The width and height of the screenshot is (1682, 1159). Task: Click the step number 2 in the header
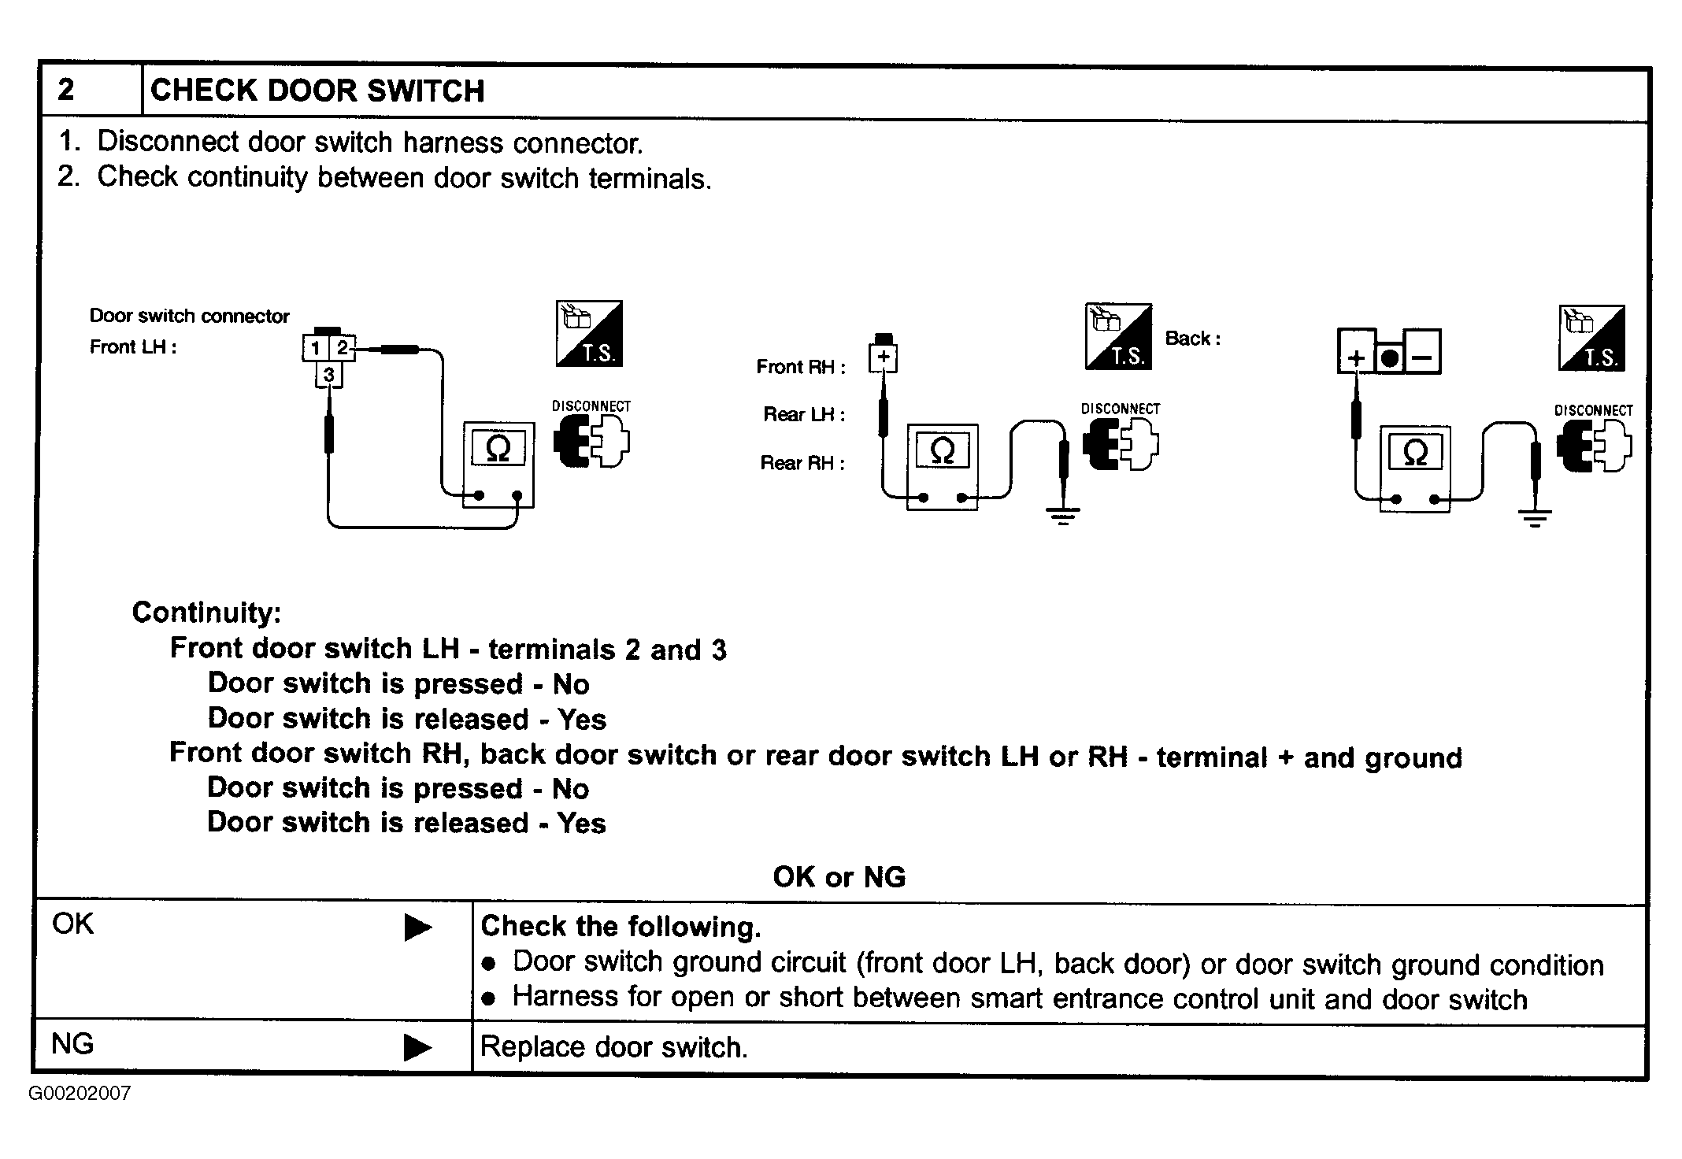66,90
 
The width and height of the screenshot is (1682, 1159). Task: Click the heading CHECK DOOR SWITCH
317,91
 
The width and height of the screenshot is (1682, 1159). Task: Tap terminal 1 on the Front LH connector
315,348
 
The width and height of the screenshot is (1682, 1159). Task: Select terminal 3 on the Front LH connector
328,375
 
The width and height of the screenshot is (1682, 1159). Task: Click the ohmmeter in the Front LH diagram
498,465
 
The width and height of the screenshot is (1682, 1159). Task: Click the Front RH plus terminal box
884,357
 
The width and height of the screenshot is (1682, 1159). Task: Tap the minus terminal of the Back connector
1422,358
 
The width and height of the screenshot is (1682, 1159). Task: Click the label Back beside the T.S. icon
1192,339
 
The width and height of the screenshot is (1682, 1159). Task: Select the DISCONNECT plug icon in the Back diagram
1594,446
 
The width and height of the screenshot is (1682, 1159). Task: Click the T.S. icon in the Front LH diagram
589,334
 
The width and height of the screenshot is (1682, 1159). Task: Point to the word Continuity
206,613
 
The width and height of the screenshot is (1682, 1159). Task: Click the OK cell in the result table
72,924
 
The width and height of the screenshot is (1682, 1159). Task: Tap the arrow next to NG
417,1047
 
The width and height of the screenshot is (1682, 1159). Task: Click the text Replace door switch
613,1047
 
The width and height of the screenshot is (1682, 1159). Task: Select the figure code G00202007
80,1094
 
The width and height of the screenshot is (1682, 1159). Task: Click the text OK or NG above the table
839,877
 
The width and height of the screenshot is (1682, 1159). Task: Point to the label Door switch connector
189,317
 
